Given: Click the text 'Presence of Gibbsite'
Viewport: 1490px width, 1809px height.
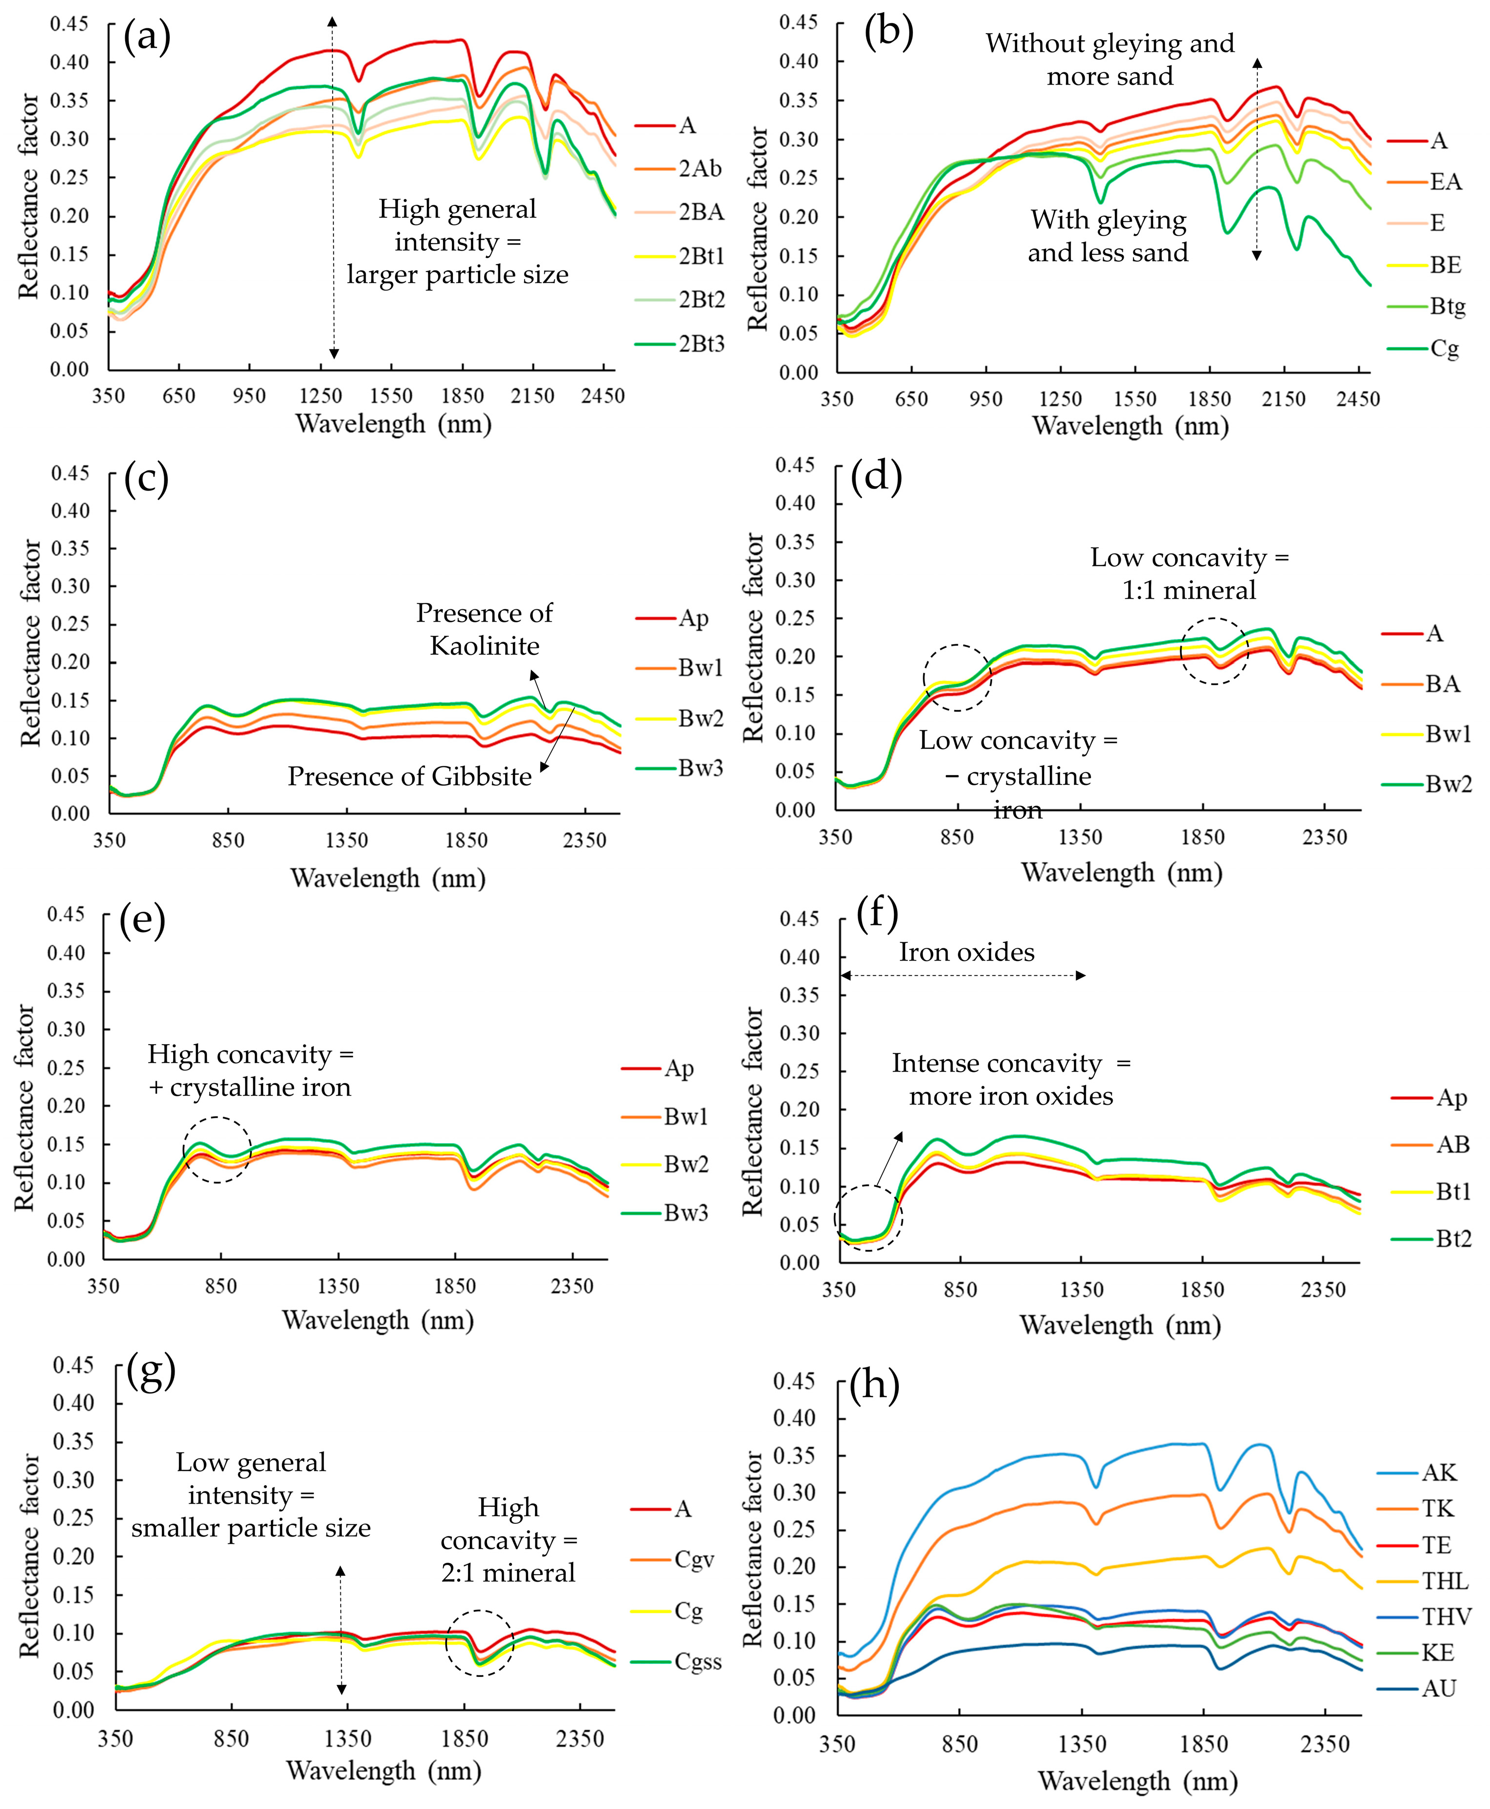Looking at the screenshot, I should coord(409,777).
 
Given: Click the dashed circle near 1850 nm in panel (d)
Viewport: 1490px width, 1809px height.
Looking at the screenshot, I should coord(1214,651).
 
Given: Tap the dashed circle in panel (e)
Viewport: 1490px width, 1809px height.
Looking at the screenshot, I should coord(217,1150).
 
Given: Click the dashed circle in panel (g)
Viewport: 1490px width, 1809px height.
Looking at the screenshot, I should coord(480,1643).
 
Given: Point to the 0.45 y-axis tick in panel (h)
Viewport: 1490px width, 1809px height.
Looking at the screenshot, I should coord(795,1381).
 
